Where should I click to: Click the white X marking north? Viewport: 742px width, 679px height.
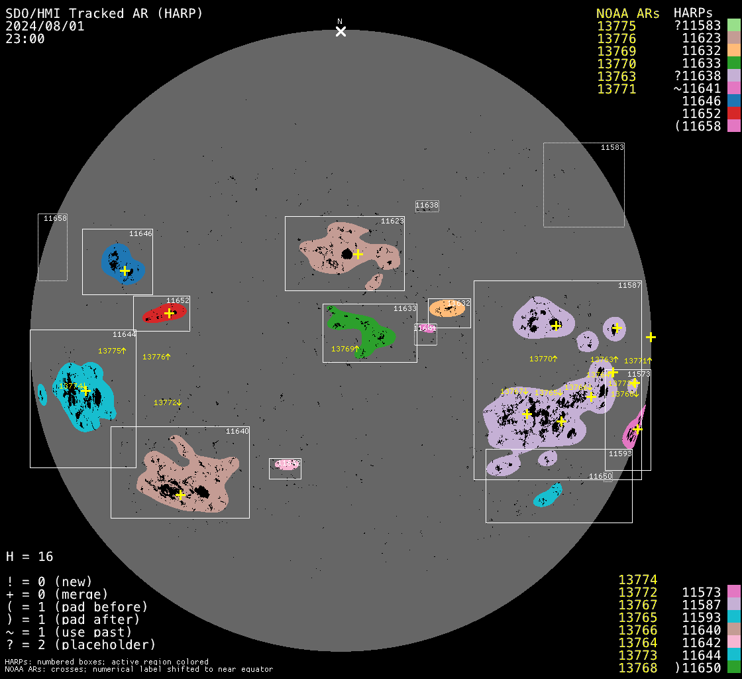(341, 31)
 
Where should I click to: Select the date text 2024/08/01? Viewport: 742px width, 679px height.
(45, 27)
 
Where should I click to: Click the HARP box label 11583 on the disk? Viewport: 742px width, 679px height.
(612, 147)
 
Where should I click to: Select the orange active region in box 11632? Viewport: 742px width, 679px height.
(445, 309)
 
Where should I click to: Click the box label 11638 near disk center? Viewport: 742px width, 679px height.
(427, 206)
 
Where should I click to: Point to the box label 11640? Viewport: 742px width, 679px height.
(237, 431)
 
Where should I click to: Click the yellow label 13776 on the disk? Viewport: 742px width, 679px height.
(156, 357)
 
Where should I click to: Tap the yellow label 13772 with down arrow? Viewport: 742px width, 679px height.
(168, 402)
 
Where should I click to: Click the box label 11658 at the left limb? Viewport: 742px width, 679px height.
(55, 218)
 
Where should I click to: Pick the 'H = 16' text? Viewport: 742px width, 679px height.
(30, 556)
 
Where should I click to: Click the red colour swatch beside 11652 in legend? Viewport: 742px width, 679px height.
(733, 114)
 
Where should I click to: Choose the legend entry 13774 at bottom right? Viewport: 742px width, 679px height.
(637, 580)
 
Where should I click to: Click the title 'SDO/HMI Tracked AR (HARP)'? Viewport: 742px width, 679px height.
(104, 13)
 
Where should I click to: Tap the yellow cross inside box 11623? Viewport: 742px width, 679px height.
(358, 254)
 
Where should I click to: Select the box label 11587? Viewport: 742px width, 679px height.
(629, 285)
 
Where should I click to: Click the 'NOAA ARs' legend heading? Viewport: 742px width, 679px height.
(627, 13)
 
